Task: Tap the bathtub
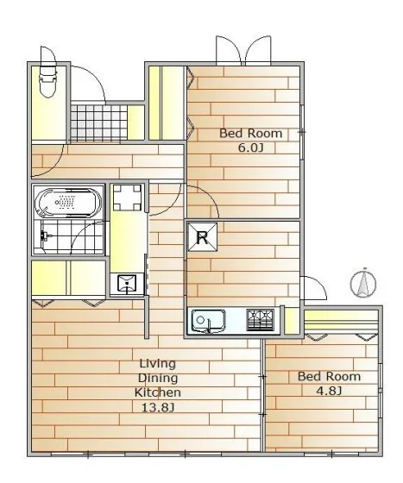coord(68,203)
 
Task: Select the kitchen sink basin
coord(208,321)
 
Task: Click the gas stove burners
coord(261,320)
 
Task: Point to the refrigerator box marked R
coord(203,237)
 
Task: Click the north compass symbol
coord(363,284)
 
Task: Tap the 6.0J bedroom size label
coord(251,148)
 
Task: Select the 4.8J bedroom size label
coord(329,391)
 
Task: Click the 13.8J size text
coord(158,408)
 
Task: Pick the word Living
coord(158,363)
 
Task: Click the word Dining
coord(158,378)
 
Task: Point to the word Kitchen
coord(158,392)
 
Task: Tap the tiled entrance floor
coord(98,122)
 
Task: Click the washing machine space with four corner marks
coord(127,198)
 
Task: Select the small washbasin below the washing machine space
coord(127,284)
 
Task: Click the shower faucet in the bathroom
coord(45,236)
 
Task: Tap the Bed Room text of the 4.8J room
coord(329,376)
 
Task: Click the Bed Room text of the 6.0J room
coord(251,134)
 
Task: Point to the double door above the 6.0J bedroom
coord(243,51)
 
